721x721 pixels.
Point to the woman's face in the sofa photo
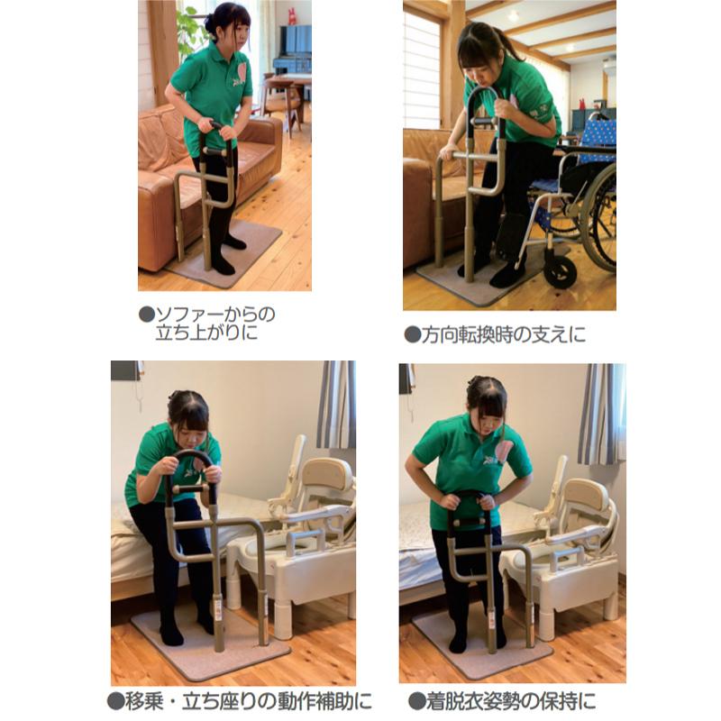[233, 34]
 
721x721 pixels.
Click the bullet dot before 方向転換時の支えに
[412, 334]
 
